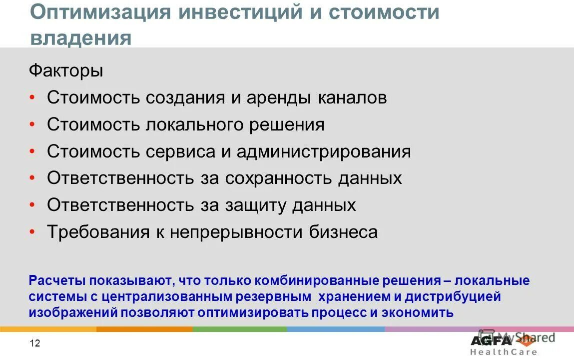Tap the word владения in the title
click(x=81, y=38)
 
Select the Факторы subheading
click(x=66, y=71)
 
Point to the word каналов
click(x=352, y=97)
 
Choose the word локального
click(x=195, y=124)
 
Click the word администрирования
click(x=324, y=151)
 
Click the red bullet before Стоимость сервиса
click(x=32, y=151)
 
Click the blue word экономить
click(x=418, y=313)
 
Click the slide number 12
click(x=35, y=343)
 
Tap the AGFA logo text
click(x=491, y=340)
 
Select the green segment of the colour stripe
click(x=240, y=329)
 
